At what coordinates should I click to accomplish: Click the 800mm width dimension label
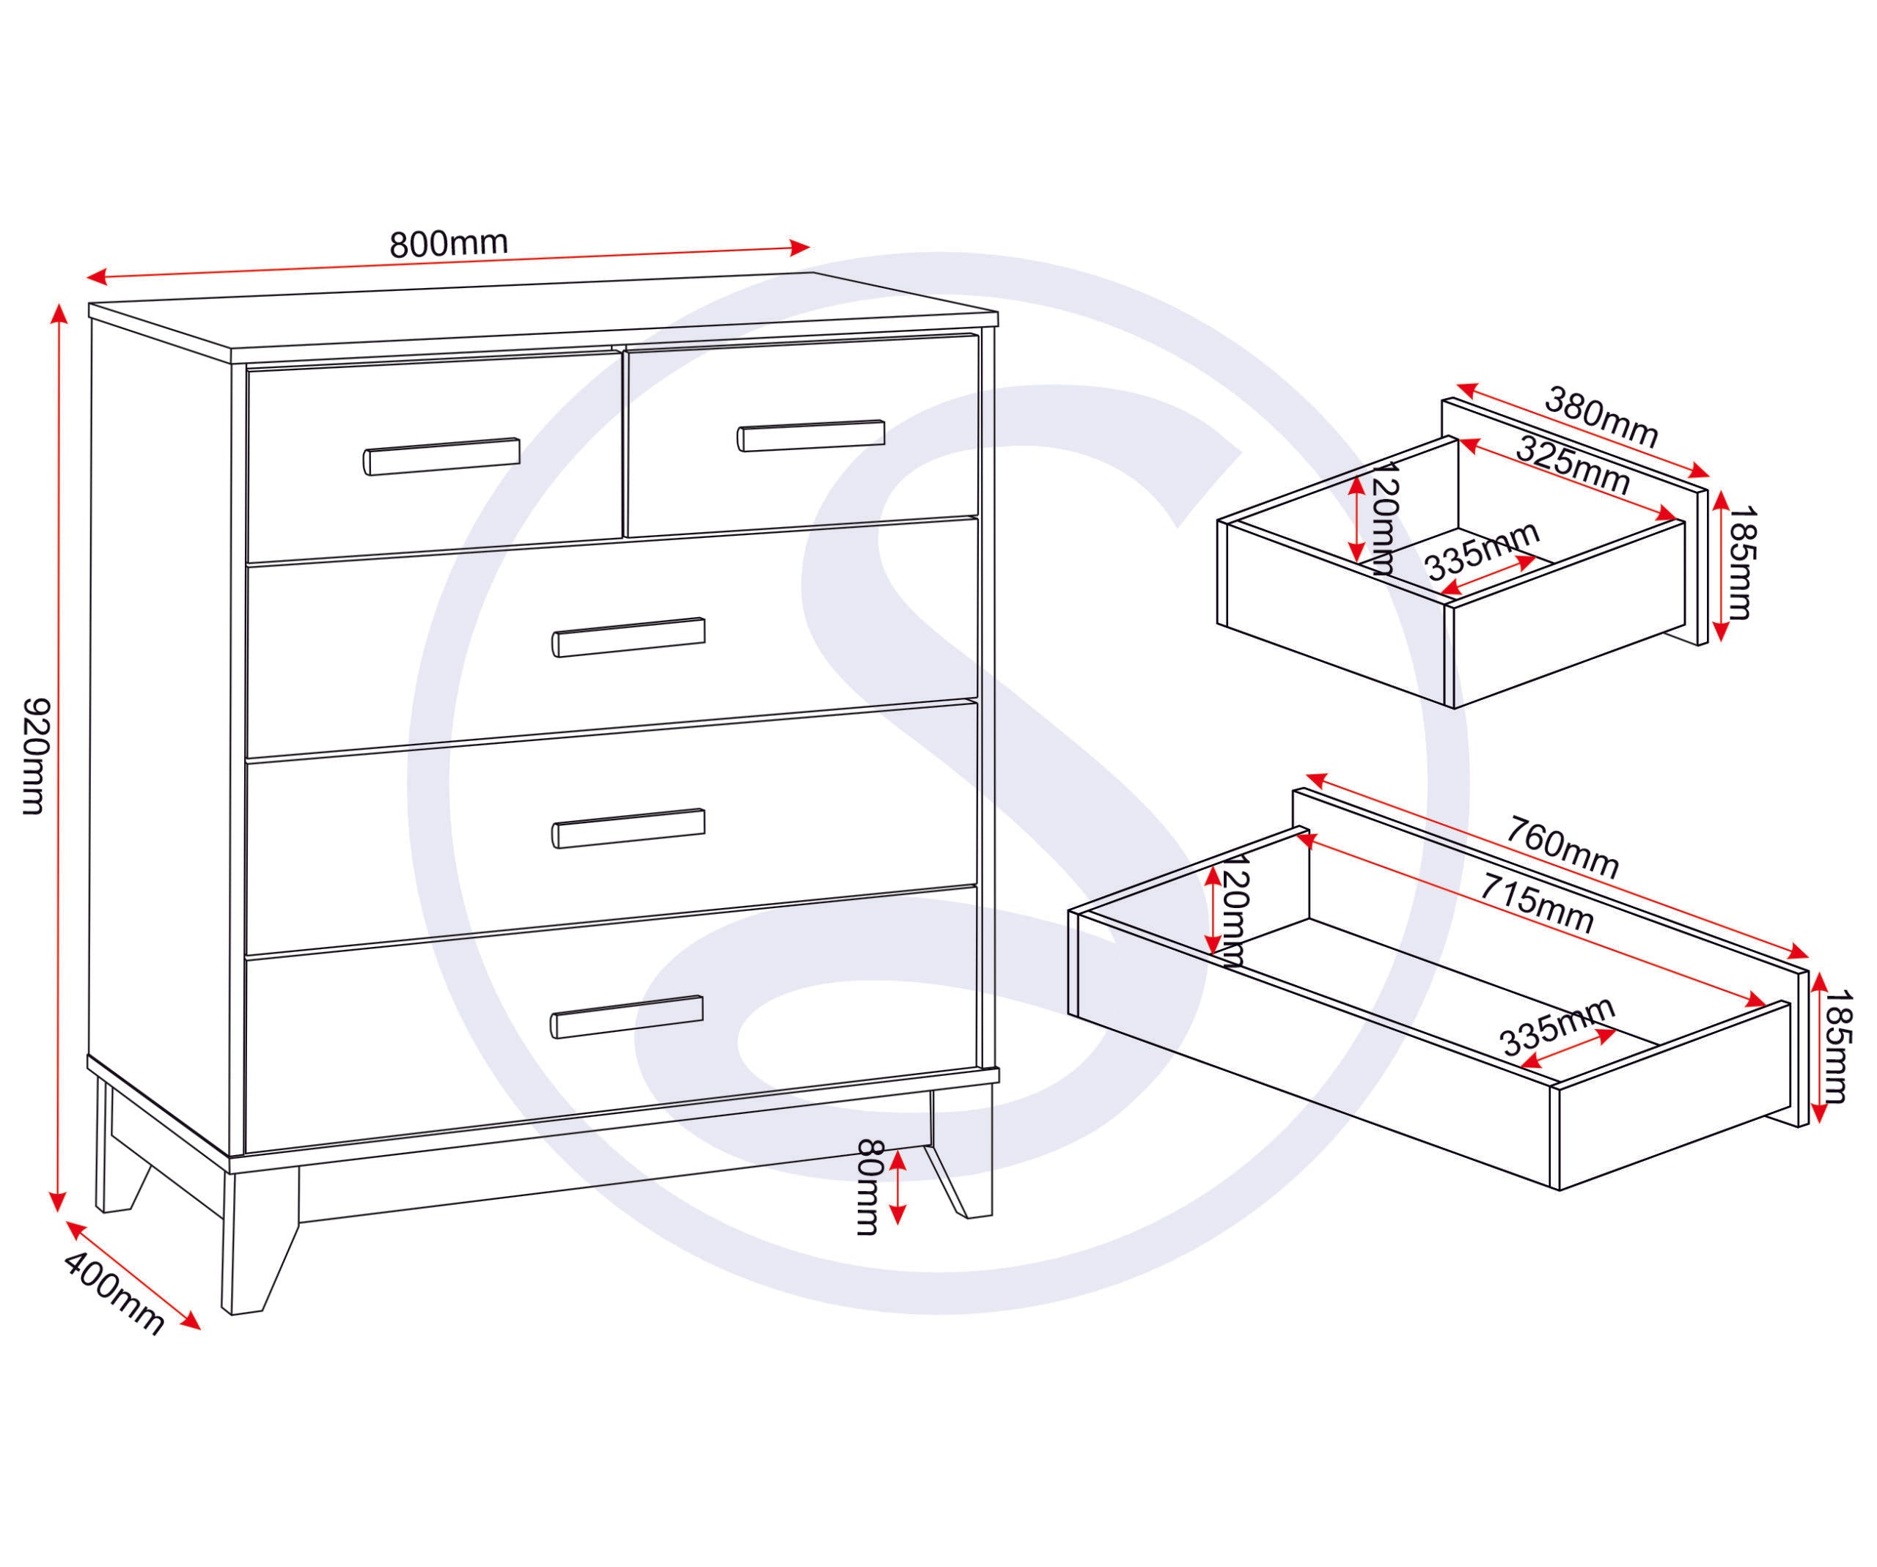(448, 243)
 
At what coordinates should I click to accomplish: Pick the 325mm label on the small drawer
(1573, 465)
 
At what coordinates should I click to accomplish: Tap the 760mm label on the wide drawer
(1562, 848)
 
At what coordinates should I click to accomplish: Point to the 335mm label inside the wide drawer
(1557, 1027)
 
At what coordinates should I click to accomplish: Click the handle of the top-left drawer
(441, 456)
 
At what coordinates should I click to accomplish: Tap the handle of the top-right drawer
(811, 435)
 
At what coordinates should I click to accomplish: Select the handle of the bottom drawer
(628, 1017)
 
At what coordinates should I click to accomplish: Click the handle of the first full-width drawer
(628, 637)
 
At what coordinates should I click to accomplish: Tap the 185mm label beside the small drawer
(1742, 564)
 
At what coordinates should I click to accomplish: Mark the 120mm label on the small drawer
(1382, 519)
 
